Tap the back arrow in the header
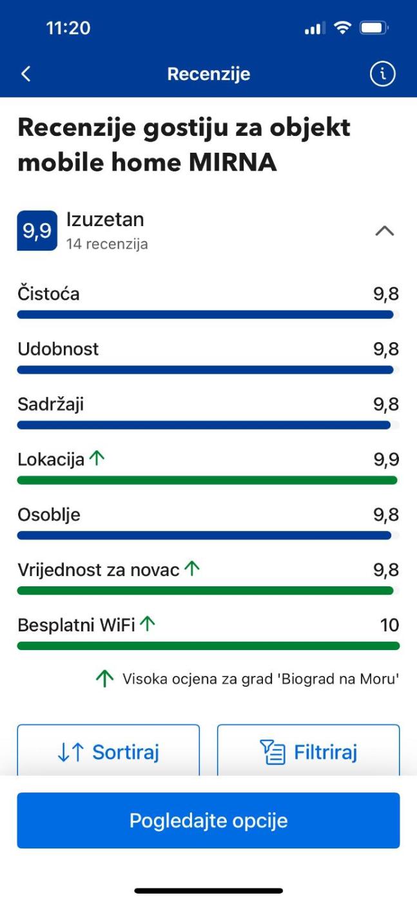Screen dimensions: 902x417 (26, 74)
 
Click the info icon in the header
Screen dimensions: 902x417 (382, 74)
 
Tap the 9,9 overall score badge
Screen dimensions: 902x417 (37, 231)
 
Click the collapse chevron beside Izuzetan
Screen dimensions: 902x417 (384, 231)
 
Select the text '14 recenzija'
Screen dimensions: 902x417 (107, 244)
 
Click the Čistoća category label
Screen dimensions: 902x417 (49, 294)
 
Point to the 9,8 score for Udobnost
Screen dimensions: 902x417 (386, 349)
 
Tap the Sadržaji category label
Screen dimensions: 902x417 (51, 405)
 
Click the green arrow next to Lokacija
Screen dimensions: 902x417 (97, 459)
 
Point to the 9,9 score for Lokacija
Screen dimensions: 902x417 (386, 459)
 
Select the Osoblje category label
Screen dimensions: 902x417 (49, 515)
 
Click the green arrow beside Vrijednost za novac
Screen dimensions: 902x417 (192, 569)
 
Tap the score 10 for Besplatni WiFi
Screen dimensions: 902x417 (389, 625)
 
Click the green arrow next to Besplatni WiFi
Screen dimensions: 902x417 (148, 624)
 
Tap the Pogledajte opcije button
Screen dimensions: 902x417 (208, 820)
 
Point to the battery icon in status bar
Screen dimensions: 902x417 (373, 28)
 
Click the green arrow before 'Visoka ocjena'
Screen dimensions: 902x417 (104, 678)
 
